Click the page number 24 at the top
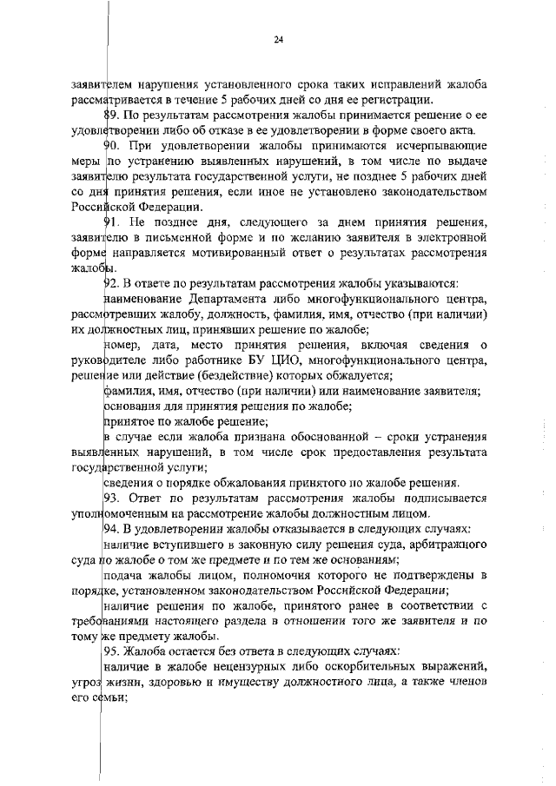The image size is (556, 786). [278, 39]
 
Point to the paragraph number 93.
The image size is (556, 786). [111, 498]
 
